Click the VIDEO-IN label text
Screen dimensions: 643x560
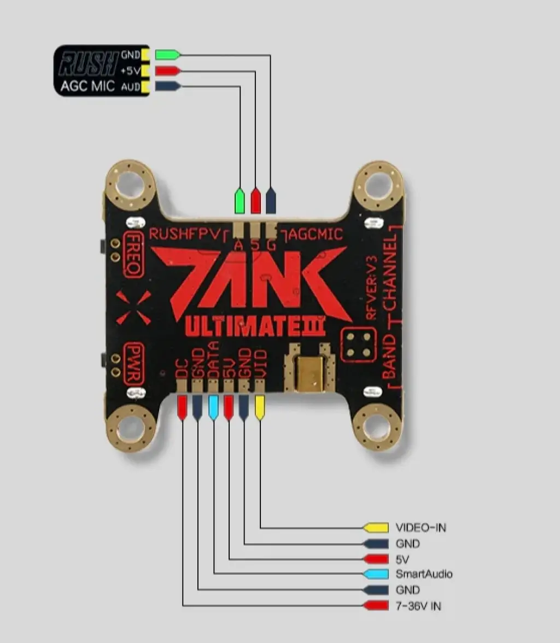pos(421,528)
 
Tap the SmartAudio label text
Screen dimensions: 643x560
pos(424,574)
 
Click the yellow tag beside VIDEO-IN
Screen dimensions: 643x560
pos(376,528)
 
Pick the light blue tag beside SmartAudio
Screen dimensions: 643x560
pos(376,574)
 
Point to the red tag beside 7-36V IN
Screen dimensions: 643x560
pos(376,605)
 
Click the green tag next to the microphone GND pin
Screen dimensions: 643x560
pos(167,55)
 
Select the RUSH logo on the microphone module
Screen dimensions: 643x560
pos(87,63)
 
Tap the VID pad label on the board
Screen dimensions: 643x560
pos(261,363)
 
